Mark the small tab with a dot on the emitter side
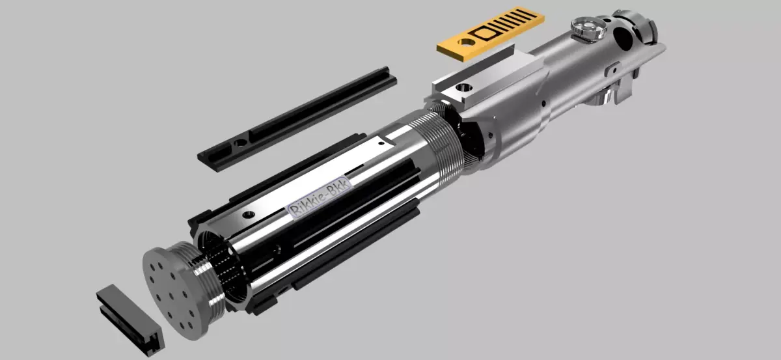click(x=612, y=68)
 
